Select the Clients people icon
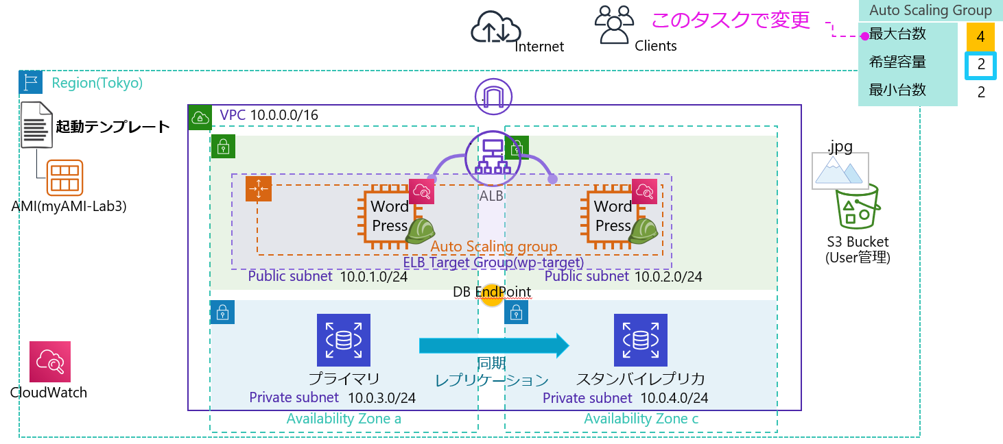point(613,25)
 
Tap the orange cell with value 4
point(980,37)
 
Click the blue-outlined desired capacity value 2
point(980,65)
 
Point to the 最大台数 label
point(897,34)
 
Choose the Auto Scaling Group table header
point(930,10)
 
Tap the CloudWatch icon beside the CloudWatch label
point(50,362)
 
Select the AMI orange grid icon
point(65,177)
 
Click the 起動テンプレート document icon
point(36,124)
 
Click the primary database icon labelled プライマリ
point(343,340)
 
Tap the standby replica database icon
point(641,340)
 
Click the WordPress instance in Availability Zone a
point(390,215)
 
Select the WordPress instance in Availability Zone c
point(613,215)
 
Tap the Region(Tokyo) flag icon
point(30,82)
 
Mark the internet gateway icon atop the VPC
point(494,97)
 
